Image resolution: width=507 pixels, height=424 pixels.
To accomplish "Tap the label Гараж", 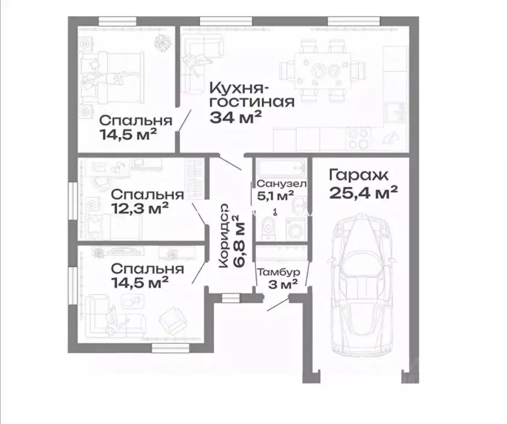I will click(359, 176).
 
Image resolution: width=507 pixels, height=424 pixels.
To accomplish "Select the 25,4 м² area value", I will click(363, 193).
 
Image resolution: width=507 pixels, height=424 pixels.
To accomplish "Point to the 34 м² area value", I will click(235, 116).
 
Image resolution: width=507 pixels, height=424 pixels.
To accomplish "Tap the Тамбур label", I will click(279, 272).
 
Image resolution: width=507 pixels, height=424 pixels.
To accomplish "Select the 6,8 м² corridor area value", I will click(238, 241).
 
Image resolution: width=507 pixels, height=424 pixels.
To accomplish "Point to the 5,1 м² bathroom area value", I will click(275, 195).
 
